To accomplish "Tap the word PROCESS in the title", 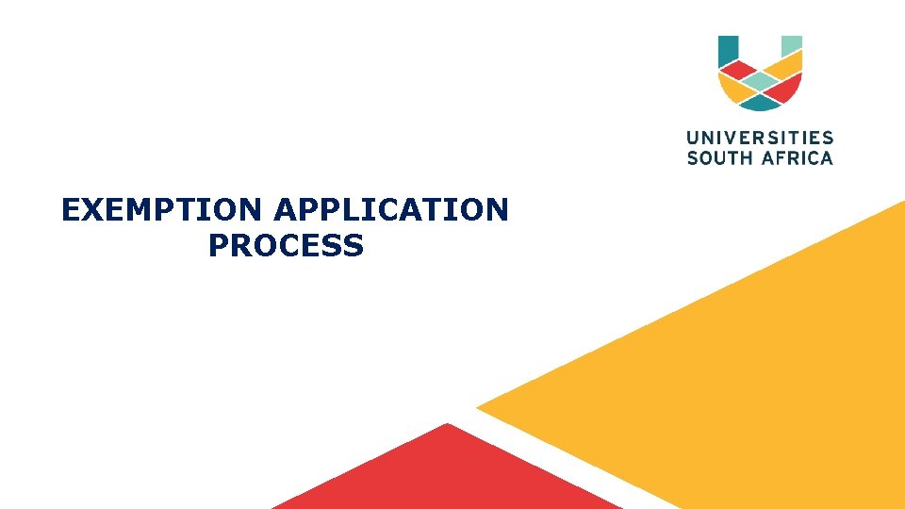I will click(x=286, y=246).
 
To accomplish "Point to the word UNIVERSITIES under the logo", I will click(x=760, y=139).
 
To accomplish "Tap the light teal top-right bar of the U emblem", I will click(x=792, y=44).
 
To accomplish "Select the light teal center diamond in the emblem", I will click(x=760, y=82).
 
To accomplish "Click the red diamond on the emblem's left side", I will click(x=737, y=71).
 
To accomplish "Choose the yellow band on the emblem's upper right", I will click(x=784, y=65).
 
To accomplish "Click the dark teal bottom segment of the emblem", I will click(x=760, y=102).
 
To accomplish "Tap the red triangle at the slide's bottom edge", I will click(x=443, y=476).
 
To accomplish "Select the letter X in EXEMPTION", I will click(x=92, y=209).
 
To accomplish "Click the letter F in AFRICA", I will click(x=777, y=158).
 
